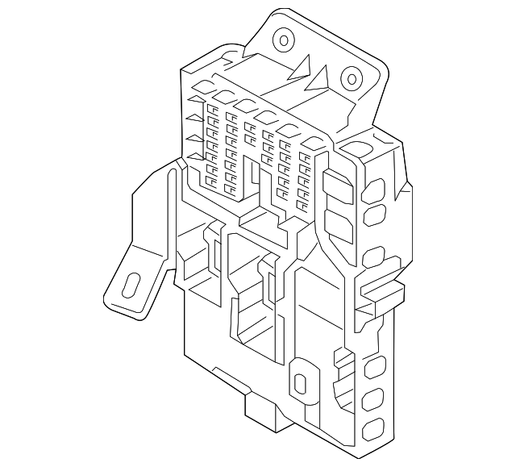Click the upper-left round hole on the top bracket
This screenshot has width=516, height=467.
pos(284,39)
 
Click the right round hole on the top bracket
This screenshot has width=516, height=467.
pos(351,79)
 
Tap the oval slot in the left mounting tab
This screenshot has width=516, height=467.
pos(129,289)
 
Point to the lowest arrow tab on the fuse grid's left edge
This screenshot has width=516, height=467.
pos(193,158)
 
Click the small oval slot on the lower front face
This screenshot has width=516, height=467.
pos(301,386)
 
